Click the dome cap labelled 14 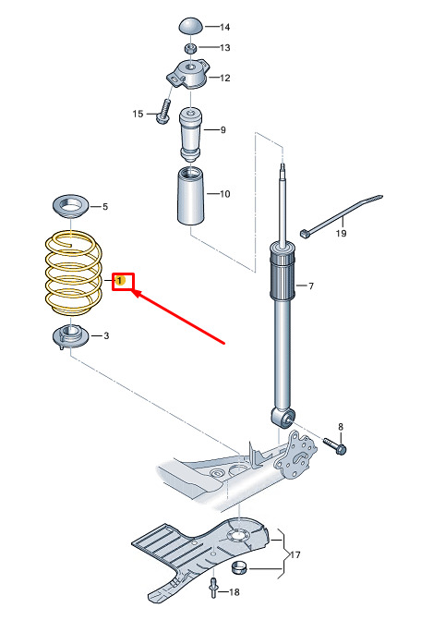pos(191,26)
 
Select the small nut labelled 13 pos(190,48)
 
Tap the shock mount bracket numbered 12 pos(187,74)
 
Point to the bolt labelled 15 pos(164,111)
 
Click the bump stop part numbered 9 pos(190,135)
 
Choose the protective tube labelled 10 pos(190,196)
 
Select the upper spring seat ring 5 pos(71,206)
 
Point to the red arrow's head pos(135,293)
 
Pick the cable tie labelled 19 pos(341,216)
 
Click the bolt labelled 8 pos(335,445)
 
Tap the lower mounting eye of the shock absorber pos(283,419)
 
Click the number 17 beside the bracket pos(295,554)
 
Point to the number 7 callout pos(311,286)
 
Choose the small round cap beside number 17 pos(238,567)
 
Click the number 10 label pos(224,194)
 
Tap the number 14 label pos(224,27)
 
